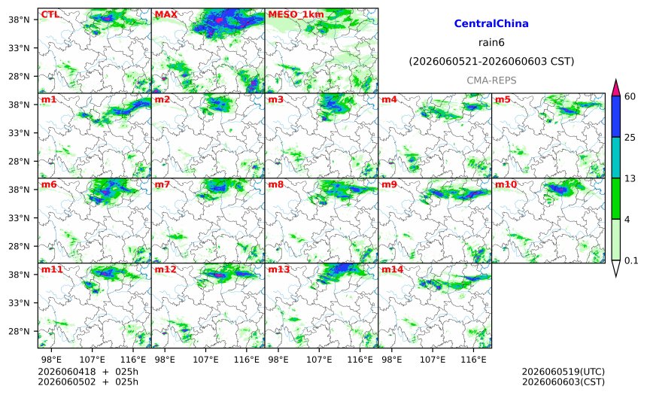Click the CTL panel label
(x=50, y=14)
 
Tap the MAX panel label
(x=166, y=14)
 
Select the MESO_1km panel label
(x=296, y=15)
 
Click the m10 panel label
(x=506, y=184)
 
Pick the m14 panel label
(x=392, y=269)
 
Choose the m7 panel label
(x=163, y=184)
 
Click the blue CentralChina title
(x=491, y=23)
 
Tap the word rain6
(x=491, y=43)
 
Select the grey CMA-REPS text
(x=491, y=81)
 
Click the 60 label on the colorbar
(x=630, y=96)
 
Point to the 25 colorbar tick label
(x=630, y=138)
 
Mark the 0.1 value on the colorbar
(x=631, y=260)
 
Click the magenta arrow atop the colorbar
(x=615, y=88)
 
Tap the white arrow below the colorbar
(x=615, y=269)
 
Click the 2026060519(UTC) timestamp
(x=563, y=372)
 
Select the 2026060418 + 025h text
(x=88, y=372)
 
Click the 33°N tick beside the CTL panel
(x=19, y=48)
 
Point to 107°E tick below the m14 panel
(x=433, y=360)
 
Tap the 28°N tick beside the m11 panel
(x=19, y=332)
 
